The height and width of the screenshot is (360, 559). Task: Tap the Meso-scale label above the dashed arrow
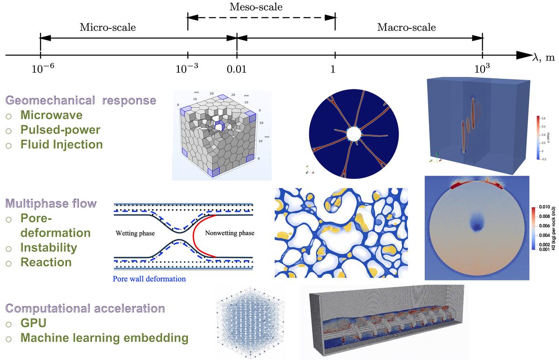coord(256,7)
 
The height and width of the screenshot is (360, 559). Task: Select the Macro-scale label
coord(406,27)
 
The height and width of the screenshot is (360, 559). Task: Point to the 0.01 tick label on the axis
coord(236,69)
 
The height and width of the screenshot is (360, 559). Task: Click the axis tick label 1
coord(333,69)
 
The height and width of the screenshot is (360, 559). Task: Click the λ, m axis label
coord(542,57)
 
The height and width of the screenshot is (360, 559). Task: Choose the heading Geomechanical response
coord(80,100)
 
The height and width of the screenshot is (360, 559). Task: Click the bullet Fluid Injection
coord(61,144)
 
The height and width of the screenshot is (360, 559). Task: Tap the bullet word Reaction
coord(46,262)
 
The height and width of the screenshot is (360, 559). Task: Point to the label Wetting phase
coord(136,233)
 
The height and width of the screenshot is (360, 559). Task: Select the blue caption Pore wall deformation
coord(149,279)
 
